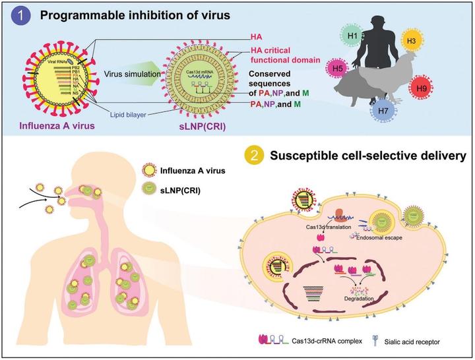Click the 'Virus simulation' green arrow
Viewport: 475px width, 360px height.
[x=135, y=75]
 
